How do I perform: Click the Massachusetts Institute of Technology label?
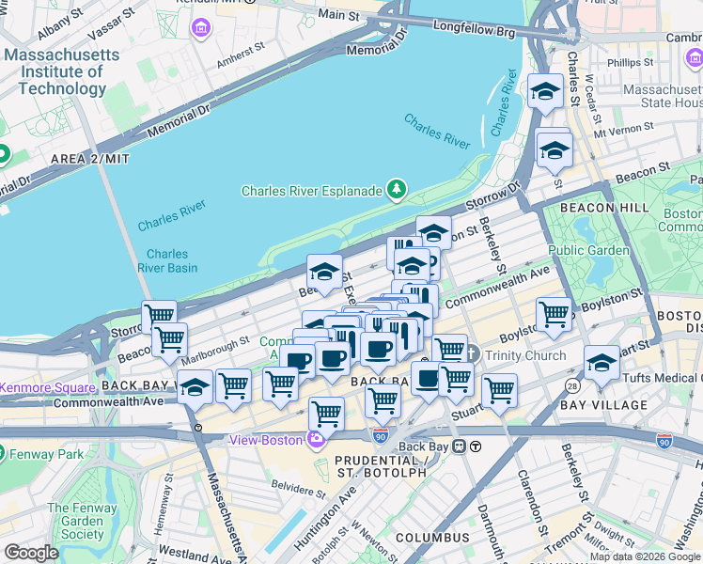pos(62,72)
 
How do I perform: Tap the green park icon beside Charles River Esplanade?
pos(397,191)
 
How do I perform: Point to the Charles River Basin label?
pos(166,260)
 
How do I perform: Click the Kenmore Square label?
pos(47,387)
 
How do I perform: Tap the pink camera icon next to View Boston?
pos(317,440)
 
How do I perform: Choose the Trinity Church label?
pos(523,355)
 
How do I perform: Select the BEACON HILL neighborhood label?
pos(602,207)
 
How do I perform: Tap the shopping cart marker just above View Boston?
pos(326,413)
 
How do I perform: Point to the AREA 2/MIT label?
pos(90,159)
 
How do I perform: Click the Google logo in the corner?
pos(30,553)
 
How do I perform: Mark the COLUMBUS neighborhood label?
pos(431,538)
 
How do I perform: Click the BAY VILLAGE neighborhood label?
pos(603,405)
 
